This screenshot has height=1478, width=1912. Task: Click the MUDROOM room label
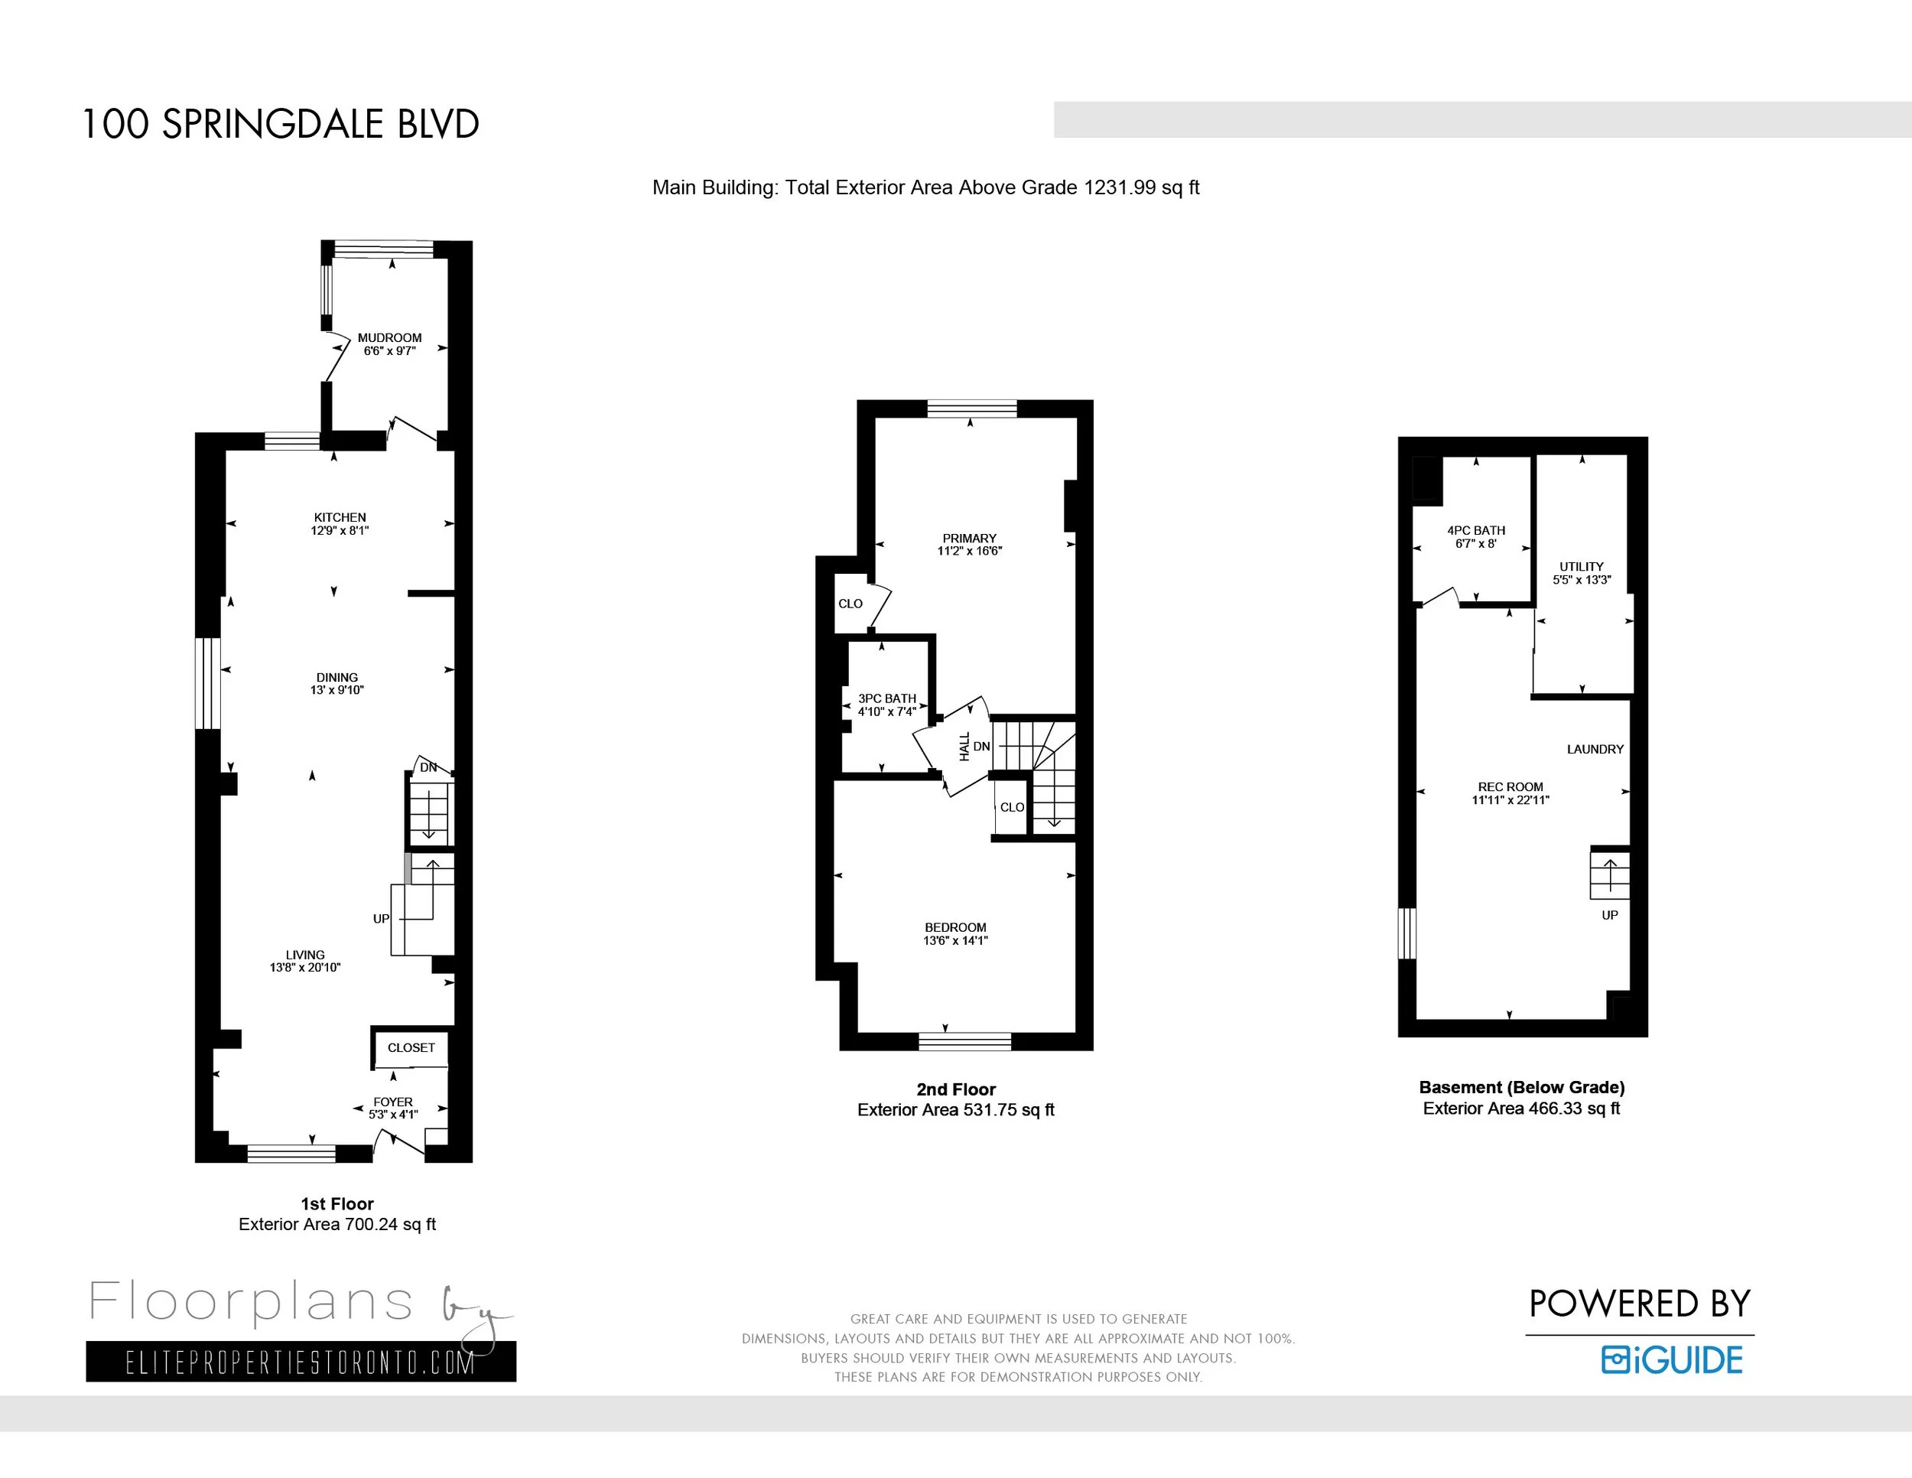[389, 338]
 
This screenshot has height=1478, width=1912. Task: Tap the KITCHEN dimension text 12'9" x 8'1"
[340, 531]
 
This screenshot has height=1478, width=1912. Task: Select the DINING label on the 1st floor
[337, 678]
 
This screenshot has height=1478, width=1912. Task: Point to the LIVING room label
[304, 955]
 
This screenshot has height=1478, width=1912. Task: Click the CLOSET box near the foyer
[411, 1047]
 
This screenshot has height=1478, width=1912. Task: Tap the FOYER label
[393, 1102]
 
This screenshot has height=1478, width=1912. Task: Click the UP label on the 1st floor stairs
[381, 919]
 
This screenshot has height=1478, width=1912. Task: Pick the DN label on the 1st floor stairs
[428, 767]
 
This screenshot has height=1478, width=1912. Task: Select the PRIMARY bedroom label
[969, 539]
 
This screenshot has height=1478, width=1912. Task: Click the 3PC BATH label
[887, 698]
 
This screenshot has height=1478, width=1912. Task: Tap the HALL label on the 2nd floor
[964, 746]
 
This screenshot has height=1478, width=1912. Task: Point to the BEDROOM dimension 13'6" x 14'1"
[955, 940]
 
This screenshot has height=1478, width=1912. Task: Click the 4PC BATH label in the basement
[1476, 531]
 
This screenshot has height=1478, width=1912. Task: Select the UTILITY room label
[1581, 567]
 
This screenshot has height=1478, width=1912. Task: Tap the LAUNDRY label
[1595, 750]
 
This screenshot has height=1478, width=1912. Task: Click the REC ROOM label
[1510, 787]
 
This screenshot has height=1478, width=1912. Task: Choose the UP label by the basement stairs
[1609, 915]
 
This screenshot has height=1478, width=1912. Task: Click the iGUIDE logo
[1671, 1359]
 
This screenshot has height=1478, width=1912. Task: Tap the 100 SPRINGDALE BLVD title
[280, 125]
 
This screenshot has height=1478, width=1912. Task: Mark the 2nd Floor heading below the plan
[956, 1089]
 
